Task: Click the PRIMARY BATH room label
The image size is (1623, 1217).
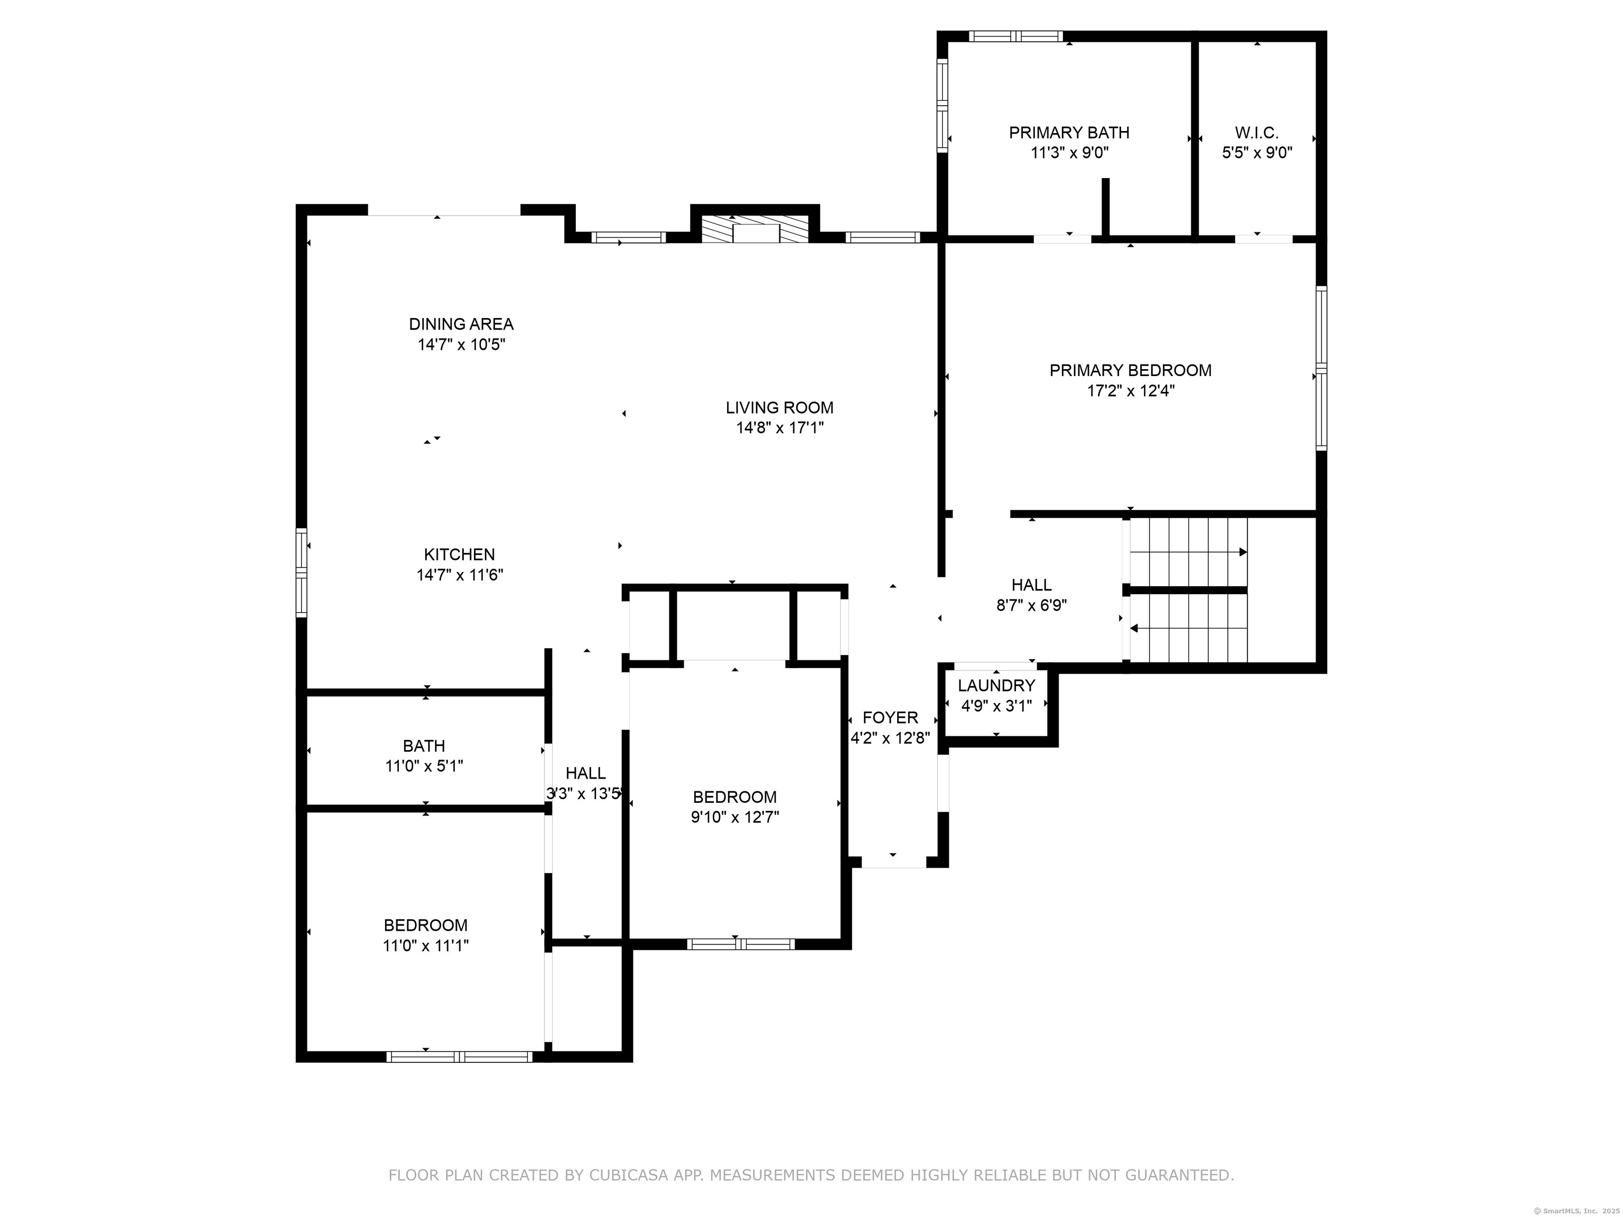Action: [x=1069, y=133]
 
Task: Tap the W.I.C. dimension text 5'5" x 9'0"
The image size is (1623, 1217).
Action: [x=1257, y=153]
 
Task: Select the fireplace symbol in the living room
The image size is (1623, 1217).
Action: [x=755, y=229]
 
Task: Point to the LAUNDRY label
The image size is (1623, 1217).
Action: [x=996, y=686]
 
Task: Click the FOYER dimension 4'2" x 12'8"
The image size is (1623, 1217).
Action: [x=890, y=738]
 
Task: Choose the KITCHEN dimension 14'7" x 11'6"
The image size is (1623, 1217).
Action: [x=460, y=575]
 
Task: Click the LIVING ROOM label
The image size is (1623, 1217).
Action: [x=780, y=408]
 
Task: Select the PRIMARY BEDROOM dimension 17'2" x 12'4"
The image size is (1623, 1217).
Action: [x=1131, y=391]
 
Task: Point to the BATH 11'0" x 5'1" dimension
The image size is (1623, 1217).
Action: [x=424, y=766]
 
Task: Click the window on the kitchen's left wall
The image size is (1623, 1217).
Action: [x=301, y=572]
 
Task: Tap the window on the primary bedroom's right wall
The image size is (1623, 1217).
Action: [x=1321, y=368]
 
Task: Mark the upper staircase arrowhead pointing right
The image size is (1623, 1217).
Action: [x=1244, y=551]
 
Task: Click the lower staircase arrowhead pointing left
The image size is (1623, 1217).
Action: [x=1134, y=629]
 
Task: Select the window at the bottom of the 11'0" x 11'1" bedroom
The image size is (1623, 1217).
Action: [x=459, y=1057]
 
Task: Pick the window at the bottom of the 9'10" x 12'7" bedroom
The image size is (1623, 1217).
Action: [x=740, y=944]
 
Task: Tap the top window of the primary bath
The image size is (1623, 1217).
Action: [x=1015, y=36]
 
